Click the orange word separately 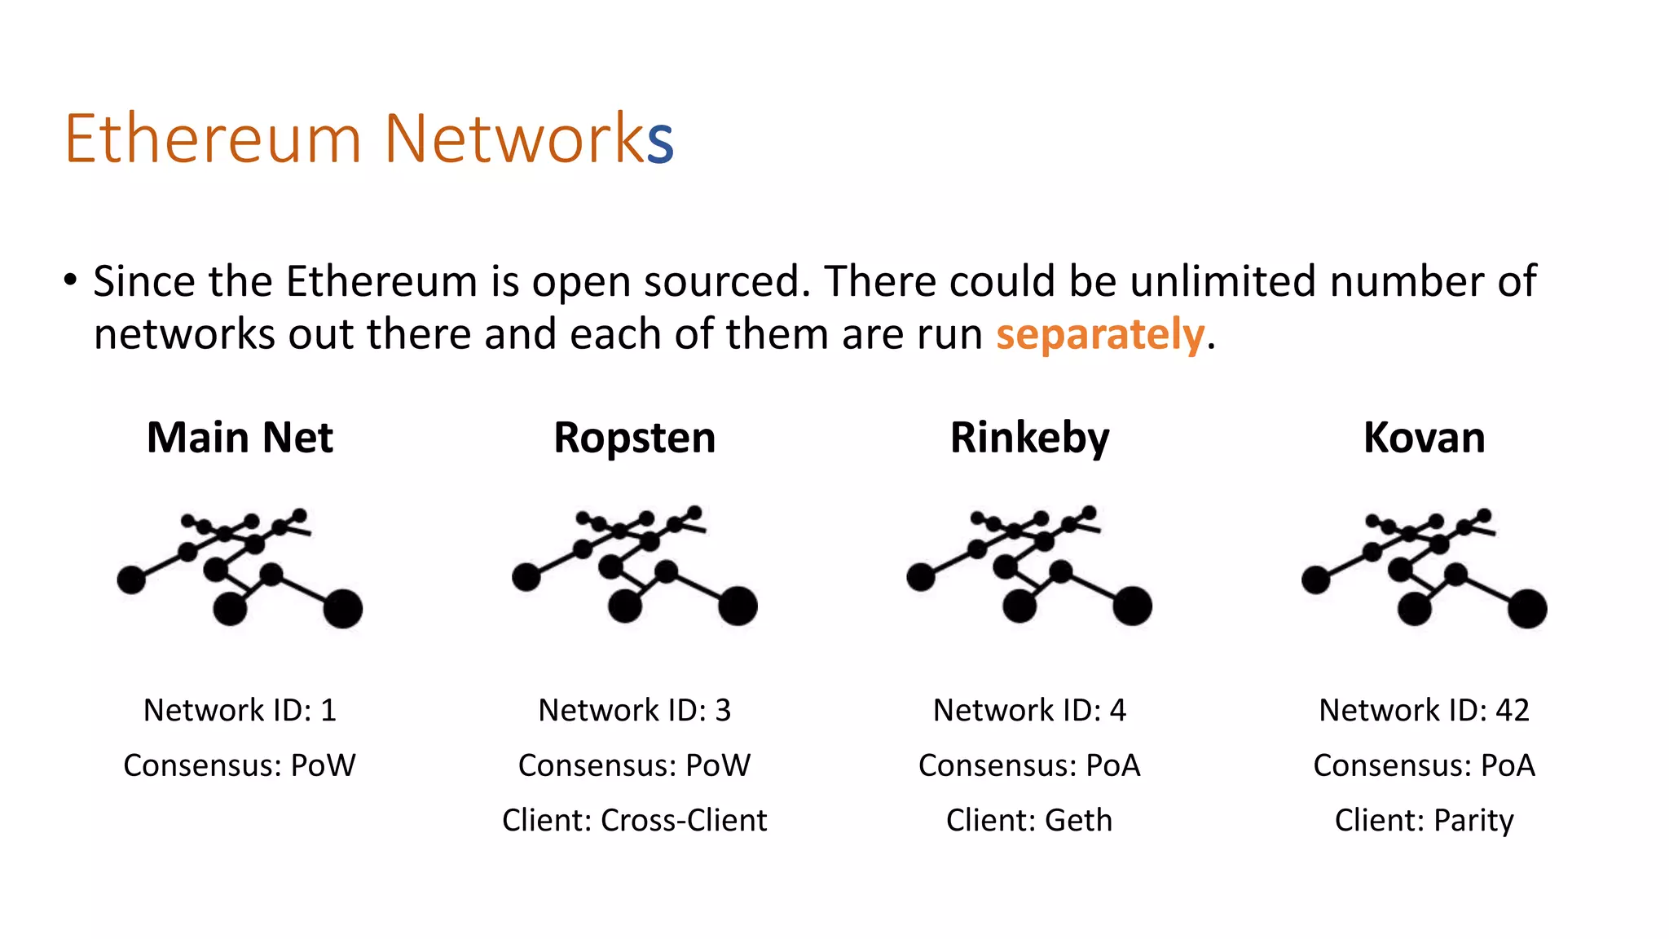(x=1099, y=335)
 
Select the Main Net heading (x=240, y=438)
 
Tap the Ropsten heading (x=634, y=438)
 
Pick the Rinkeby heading (x=1029, y=438)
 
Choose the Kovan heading (x=1424, y=438)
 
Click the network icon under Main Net (x=240, y=568)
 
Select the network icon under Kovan (x=1424, y=568)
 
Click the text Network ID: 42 (x=1424, y=710)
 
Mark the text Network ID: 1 (x=240, y=710)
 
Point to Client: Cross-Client (x=634, y=820)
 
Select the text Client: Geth (x=1029, y=820)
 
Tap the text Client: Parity (x=1424, y=820)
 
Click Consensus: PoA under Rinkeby (x=1029, y=765)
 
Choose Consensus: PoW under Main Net (x=240, y=765)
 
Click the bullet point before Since (x=70, y=280)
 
